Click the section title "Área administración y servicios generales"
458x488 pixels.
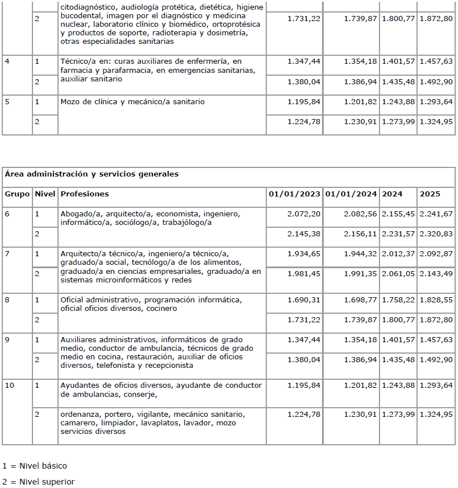coord(91,174)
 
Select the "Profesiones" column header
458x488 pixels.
coord(85,194)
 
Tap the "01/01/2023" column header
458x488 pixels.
coord(294,194)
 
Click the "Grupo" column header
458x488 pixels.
coord(17,194)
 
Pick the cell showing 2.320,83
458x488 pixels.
coord(436,234)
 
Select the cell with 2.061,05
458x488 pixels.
coord(398,274)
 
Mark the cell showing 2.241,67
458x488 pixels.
coord(436,214)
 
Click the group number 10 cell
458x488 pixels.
coord(10,386)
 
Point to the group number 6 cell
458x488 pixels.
coord(7,214)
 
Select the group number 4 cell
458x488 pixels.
coord(7,61)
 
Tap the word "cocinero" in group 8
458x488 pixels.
coord(161,309)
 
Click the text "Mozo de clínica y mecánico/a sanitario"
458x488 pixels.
coord(133,102)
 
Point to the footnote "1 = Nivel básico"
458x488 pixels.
coord(34,466)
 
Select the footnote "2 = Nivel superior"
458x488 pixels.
coord(38,482)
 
